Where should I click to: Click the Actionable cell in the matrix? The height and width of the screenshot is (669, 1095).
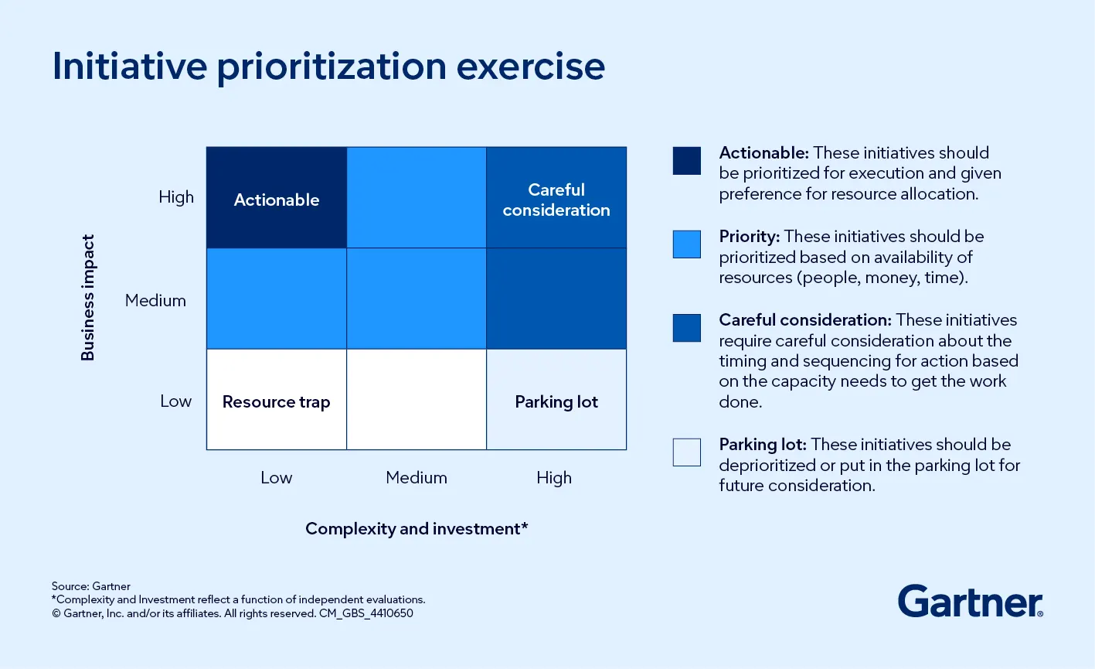277,198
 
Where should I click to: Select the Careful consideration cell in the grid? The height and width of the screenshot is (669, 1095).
556,198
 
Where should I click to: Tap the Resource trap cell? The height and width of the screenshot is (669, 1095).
277,400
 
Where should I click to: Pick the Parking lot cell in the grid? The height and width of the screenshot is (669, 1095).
556,400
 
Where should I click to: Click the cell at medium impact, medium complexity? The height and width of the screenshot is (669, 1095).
417,299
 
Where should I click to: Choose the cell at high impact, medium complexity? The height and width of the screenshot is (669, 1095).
417,198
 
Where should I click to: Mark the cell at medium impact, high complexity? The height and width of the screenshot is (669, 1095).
556,299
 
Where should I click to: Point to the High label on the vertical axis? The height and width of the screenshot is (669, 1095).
176,197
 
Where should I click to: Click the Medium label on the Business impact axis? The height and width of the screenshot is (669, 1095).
155,300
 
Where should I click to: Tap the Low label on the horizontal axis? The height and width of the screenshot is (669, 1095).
276,478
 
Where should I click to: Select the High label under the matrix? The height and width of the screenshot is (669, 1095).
554,478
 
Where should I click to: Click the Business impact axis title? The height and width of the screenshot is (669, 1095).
88,298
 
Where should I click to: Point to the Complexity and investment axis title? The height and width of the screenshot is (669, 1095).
417,529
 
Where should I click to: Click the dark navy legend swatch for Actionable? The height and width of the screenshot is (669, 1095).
686,161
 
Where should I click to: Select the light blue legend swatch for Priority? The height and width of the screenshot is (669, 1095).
686,244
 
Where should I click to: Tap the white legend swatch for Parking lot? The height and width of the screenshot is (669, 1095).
686,452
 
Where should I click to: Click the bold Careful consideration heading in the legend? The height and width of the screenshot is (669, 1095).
804,320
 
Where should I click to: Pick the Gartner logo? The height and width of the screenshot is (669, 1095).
970,602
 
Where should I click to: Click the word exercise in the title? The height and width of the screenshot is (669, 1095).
531,67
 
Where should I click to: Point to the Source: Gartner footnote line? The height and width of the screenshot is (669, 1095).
91,586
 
